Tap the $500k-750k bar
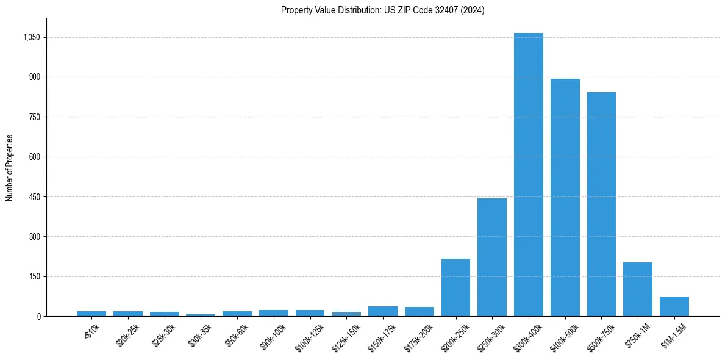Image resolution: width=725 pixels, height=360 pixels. [x=601, y=204]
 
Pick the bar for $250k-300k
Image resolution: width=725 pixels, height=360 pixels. [x=491, y=257]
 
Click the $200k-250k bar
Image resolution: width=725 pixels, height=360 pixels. [x=455, y=287]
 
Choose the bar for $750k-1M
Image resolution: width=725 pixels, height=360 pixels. [x=637, y=289]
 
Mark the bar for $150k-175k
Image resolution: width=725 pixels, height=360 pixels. [x=382, y=311]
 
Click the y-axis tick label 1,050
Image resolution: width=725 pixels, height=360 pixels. [x=31, y=37]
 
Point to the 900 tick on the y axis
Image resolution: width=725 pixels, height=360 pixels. [x=35, y=77]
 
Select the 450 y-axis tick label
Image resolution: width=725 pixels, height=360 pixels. [x=35, y=197]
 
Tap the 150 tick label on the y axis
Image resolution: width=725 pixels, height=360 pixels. [x=35, y=276]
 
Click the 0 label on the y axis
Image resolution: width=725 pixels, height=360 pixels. [x=39, y=317]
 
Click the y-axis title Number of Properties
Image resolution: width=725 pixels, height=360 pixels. [x=9, y=168]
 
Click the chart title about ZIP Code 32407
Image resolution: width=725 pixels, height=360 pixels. [x=382, y=10]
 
